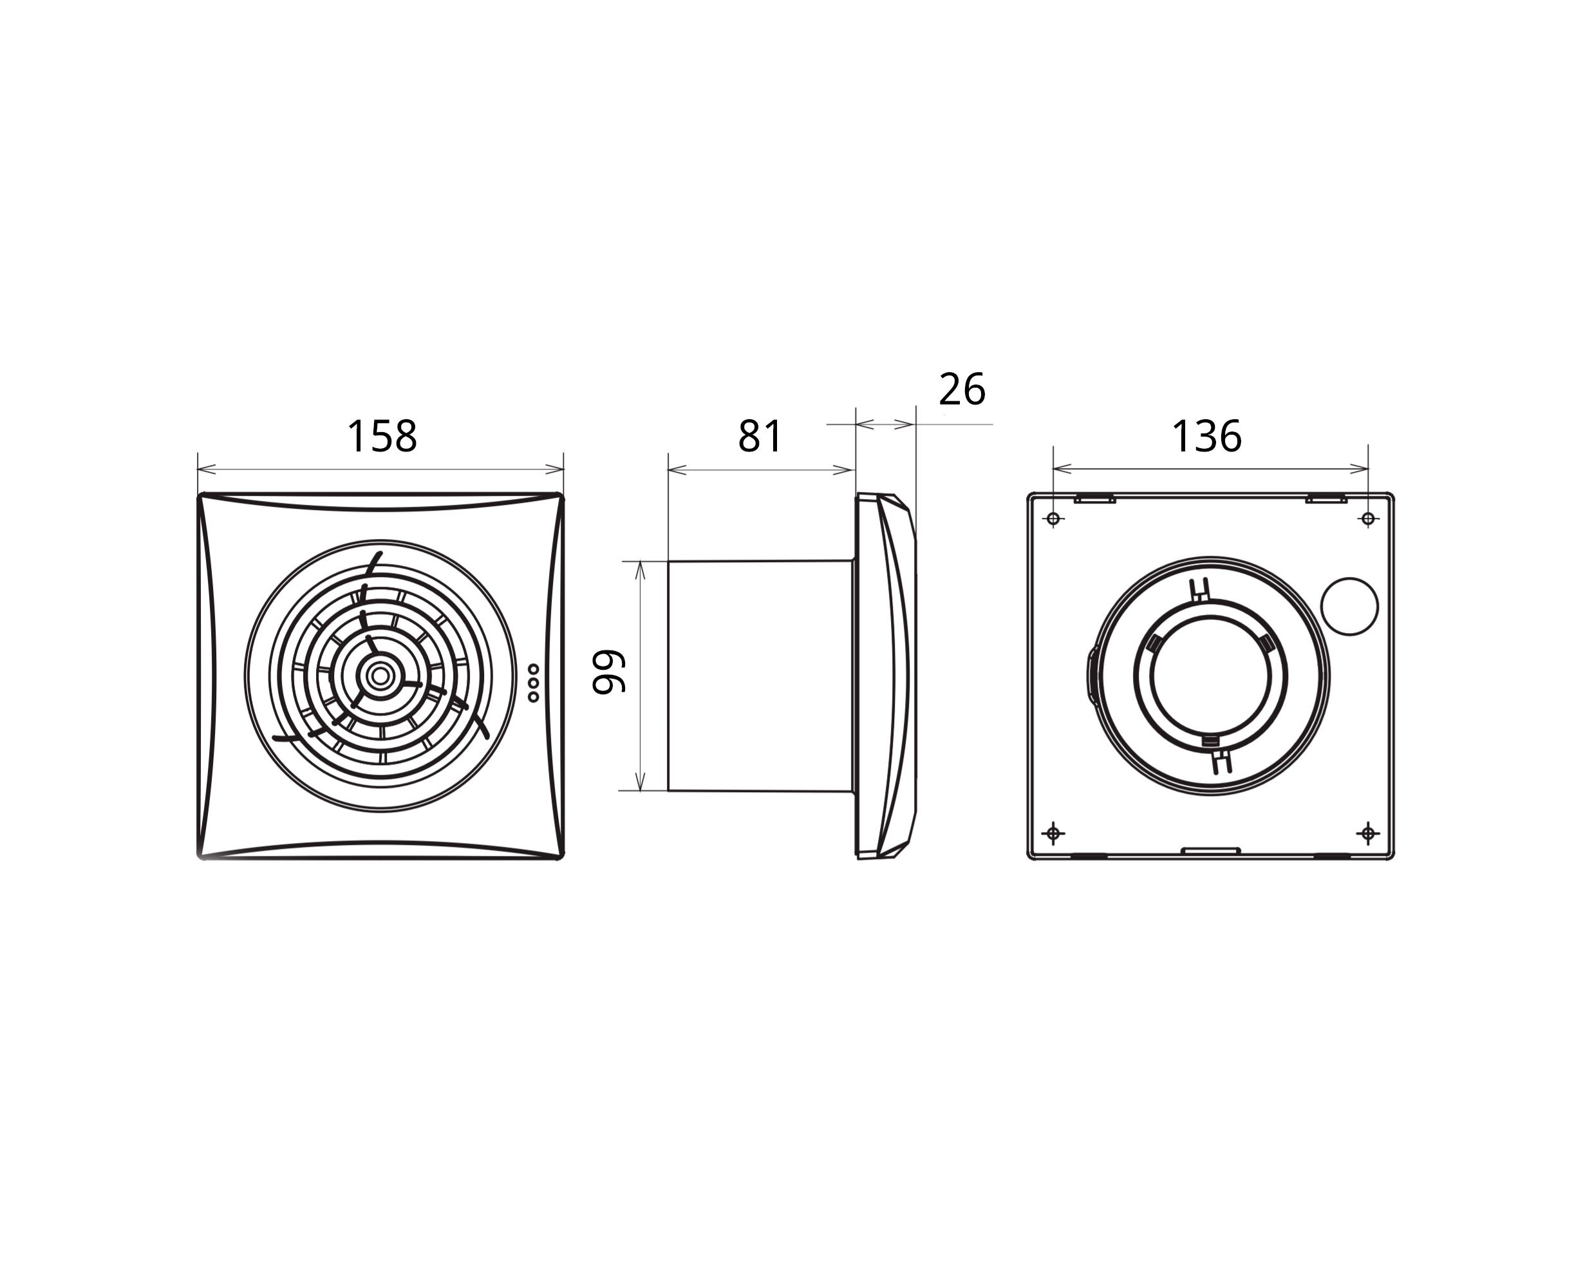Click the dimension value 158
(382, 436)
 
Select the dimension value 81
(760, 436)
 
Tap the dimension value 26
(962, 390)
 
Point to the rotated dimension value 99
(609, 672)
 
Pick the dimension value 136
(1206, 436)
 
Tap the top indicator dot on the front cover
(533, 669)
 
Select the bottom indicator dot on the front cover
(533, 697)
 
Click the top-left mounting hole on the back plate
(1053, 518)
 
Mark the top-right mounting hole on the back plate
(1369, 518)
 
